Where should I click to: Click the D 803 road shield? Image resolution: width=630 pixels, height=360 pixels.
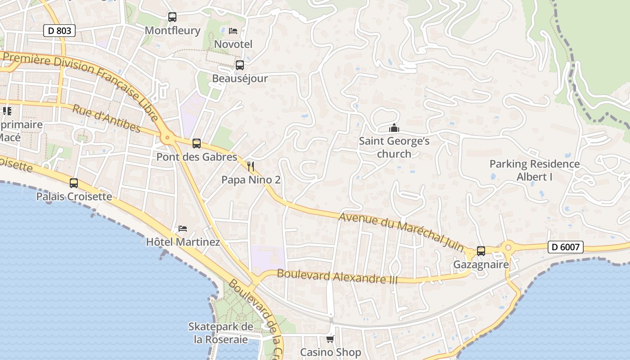coord(59,31)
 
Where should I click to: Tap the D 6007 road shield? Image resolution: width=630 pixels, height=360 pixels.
coord(566,247)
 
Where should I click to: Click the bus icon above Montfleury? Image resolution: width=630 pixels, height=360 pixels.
coord(172,17)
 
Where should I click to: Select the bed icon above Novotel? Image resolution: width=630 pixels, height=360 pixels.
coord(233,31)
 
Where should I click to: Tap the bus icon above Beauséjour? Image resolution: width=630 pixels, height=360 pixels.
coord(240,65)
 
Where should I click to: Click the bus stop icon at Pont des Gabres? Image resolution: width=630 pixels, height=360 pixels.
coord(197,144)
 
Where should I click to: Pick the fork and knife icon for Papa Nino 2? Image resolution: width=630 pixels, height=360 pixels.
coord(251,166)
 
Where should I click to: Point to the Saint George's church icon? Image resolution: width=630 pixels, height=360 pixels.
coord(394,128)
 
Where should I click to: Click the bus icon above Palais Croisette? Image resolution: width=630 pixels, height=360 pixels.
coord(74,183)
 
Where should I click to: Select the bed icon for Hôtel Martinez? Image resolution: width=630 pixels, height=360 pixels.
coord(183,229)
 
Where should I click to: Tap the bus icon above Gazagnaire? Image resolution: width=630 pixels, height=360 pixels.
coord(481,251)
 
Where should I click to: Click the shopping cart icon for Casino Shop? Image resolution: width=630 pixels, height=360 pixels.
coord(330,339)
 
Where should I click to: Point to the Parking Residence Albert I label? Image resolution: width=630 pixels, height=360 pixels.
coord(535,170)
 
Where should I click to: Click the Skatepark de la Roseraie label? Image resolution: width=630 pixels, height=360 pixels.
coord(220,333)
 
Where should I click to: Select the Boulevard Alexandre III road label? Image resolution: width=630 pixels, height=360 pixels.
coord(337,276)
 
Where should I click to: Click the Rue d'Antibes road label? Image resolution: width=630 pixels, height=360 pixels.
coord(106,119)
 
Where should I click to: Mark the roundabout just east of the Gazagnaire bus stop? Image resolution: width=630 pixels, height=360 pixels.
coord(508,247)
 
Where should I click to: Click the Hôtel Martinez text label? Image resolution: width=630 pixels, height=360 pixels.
coord(183,242)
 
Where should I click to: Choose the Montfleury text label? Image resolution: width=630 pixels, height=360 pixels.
coord(172,31)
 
